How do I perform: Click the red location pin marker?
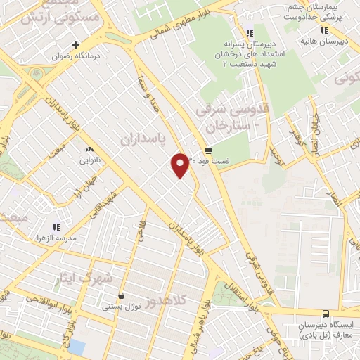click(181, 165)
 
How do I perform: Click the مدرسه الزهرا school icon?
click(57, 228)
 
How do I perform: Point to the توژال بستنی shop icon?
click(122, 296)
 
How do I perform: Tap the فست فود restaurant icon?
click(209, 150)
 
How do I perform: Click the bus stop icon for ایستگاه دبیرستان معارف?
click(325, 314)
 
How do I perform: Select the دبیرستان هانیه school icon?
click(323, 30)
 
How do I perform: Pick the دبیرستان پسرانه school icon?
click(250, 32)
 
